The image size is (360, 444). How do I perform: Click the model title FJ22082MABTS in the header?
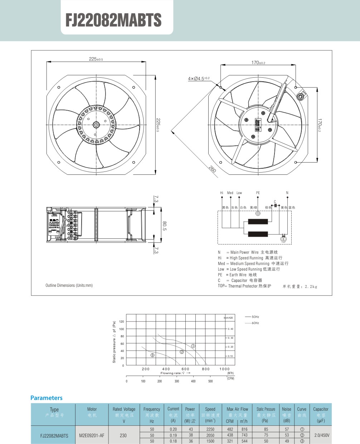pos(113,20)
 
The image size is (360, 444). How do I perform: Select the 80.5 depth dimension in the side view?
pos(164,226)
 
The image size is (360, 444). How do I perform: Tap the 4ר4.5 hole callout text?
pos(199,78)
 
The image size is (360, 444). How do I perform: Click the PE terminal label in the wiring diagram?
pos(258,193)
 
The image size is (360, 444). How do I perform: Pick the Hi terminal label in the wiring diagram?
pos(222,193)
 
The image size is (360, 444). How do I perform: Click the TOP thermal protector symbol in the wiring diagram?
pos(283,239)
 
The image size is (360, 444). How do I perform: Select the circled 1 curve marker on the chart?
pos(193,346)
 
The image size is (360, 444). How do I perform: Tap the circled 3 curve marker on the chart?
pos(152,355)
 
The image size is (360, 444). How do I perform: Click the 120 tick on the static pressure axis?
pos(122,322)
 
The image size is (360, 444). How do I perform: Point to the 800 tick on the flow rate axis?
pos(206,369)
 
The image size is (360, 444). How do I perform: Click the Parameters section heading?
pos(47,398)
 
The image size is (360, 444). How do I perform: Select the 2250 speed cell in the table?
pos(210,429)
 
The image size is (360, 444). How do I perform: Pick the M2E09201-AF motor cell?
pos(92,435)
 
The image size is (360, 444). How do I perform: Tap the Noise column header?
pos(287,409)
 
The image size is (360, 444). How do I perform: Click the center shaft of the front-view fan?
pos(96,125)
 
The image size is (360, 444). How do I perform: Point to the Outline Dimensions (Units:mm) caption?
pos(69,285)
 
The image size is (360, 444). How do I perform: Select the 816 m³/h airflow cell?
pos(244,429)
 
